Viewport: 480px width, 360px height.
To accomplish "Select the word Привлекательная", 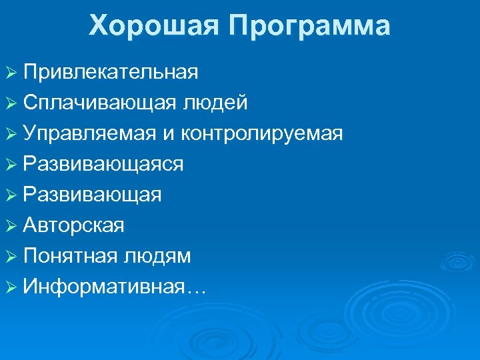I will coord(110,72).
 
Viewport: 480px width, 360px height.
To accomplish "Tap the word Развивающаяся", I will coord(103,165).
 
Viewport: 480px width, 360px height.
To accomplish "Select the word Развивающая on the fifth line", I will coord(91,195).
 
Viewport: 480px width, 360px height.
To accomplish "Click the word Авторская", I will coord(73,226).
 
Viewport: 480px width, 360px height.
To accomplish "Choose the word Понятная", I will coord(69,256).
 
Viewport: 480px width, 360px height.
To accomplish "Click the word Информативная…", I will coord(114,287).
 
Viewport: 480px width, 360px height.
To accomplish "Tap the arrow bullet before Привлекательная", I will coord(11,73).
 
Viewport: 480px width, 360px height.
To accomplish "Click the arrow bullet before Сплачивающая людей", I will coord(11,103).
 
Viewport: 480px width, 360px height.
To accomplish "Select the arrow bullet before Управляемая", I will coord(11,134).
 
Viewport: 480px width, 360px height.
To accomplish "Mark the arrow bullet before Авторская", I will coord(11,226).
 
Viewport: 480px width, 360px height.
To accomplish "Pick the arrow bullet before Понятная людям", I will coord(11,257).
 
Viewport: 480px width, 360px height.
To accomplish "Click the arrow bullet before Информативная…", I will coord(11,287).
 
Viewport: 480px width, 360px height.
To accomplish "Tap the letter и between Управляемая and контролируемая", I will coord(168,135).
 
